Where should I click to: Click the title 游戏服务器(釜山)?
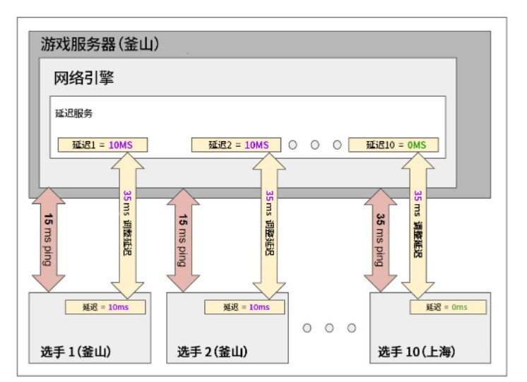[x=100, y=44]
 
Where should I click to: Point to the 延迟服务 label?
[x=74, y=113]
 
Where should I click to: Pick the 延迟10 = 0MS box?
[x=393, y=145]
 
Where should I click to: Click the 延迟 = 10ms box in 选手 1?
[x=105, y=307]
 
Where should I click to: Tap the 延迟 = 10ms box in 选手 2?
[x=245, y=307]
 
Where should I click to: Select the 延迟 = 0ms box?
[x=448, y=307]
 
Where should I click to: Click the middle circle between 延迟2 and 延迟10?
[x=315, y=145]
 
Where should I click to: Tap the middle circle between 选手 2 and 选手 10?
[x=329, y=328]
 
